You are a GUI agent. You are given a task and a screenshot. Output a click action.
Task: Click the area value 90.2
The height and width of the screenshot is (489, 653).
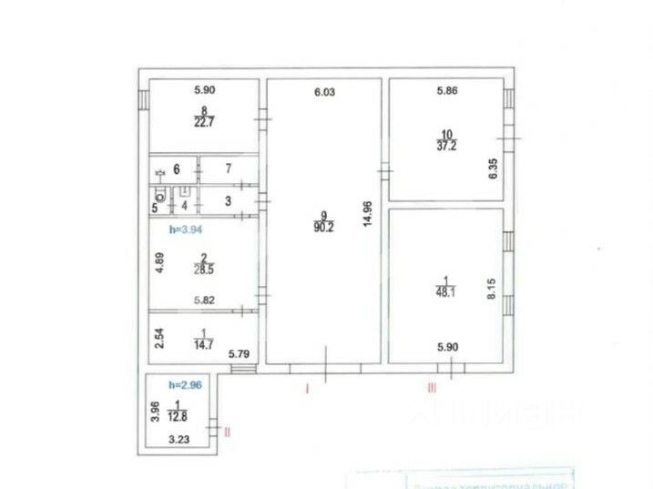click(323, 229)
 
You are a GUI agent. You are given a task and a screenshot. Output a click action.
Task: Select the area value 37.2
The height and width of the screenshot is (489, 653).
click(447, 147)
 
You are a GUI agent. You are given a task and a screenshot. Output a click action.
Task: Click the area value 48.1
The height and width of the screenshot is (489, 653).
click(446, 293)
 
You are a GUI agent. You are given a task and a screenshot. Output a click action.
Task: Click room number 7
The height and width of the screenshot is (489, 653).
click(229, 168)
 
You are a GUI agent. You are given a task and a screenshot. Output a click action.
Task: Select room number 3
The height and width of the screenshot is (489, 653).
click(229, 200)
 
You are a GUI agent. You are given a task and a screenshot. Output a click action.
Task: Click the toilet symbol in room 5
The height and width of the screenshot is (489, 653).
click(160, 194)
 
